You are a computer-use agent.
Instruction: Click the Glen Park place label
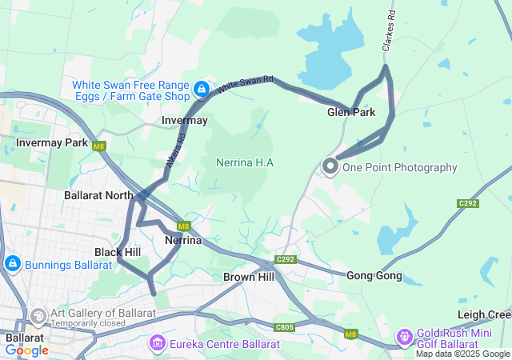(x=351, y=113)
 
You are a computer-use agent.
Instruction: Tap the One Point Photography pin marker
(x=330, y=166)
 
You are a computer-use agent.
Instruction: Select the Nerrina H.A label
(x=245, y=162)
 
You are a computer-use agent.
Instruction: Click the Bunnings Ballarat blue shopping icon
(x=12, y=263)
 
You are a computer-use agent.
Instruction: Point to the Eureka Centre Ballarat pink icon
(x=157, y=344)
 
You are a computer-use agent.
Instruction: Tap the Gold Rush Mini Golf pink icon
(x=405, y=336)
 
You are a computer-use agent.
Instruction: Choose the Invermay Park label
(x=52, y=142)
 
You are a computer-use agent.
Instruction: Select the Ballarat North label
(x=98, y=194)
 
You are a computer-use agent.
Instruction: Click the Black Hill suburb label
(x=117, y=252)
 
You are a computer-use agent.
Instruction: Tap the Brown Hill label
(x=249, y=277)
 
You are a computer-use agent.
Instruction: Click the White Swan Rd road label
(x=246, y=83)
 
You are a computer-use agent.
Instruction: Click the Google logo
(x=26, y=350)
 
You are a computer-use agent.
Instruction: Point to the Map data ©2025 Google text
(x=462, y=354)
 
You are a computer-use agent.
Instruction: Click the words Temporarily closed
(x=88, y=323)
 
